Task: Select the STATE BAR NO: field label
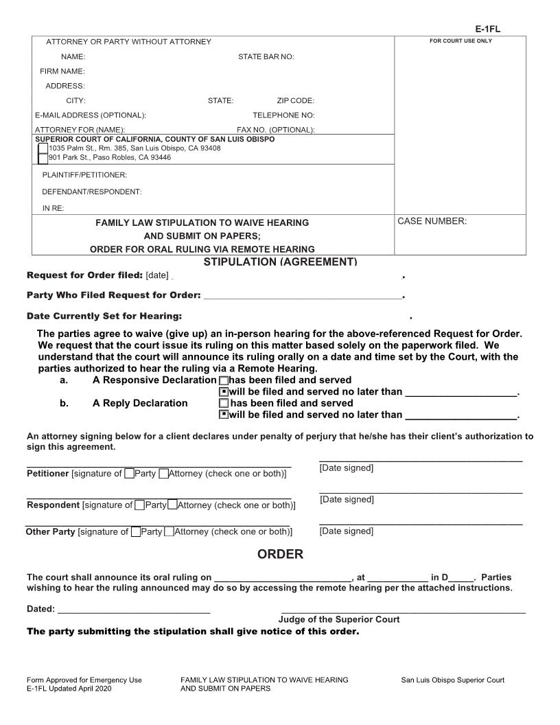(266, 56)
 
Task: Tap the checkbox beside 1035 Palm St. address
(43, 148)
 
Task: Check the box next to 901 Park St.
(43, 158)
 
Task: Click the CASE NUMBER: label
(432, 221)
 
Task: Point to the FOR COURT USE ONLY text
(460, 41)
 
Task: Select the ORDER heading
(280, 554)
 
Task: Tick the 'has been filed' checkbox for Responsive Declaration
(223, 380)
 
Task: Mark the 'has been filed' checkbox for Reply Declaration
(223, 404)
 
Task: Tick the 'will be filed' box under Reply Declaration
(223, 415)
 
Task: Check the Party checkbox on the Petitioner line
(129, 474)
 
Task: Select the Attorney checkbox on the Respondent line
(172, 505)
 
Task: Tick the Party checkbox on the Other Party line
(135, 531)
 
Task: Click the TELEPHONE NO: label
(283, 115)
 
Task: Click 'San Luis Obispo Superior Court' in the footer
(452, 680)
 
